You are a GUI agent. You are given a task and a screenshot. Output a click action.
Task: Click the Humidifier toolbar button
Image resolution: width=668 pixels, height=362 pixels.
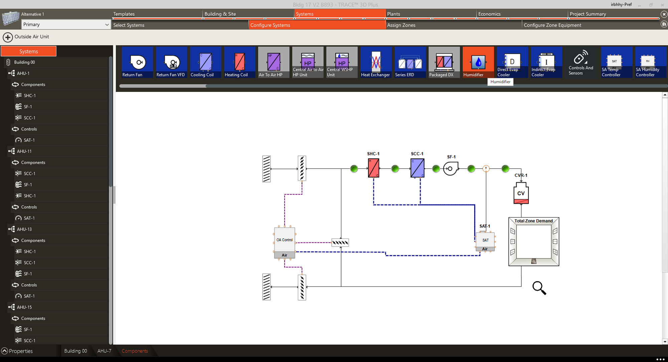pyautogui.click(x=478, y=62)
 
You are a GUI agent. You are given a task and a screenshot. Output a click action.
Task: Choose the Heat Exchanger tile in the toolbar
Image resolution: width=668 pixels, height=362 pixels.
pyautogui.click(x=376, y=62)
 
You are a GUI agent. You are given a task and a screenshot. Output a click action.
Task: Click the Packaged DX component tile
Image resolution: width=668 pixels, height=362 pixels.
pyautogui.click(x=444, y=62)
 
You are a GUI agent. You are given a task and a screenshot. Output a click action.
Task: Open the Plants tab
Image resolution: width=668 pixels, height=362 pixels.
pyautogui.click(x=393, y=14)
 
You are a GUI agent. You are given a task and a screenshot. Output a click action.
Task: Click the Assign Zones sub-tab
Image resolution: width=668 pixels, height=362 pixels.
pyautogui.click(x=401, y=25)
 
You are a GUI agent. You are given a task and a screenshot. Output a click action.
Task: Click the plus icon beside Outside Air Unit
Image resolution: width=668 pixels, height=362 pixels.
pyautogui.click(x=8, y=37)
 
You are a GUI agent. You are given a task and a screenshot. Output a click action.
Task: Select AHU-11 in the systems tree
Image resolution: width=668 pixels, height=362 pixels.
pyautogui.click(x=24, y=151)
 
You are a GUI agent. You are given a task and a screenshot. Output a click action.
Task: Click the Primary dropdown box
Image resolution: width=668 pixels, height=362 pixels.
pyautogui.click(x=65, y=24)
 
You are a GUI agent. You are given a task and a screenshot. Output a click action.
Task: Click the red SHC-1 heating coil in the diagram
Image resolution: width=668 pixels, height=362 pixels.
pyautogui.click(x=373, y=168)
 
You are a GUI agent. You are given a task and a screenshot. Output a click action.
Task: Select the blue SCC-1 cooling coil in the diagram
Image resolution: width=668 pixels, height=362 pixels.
pyautogui.click(x=417, y=168)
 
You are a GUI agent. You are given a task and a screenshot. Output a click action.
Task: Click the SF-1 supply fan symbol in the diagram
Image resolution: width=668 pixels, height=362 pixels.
pyautogui.click(x=450, y=168)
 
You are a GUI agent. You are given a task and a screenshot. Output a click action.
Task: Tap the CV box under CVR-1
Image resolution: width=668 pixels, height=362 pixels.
pyautogui.click(x=521, y=194)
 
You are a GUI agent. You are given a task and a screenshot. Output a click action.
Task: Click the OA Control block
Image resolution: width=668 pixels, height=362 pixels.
pyautogui.click(x=285, y=240)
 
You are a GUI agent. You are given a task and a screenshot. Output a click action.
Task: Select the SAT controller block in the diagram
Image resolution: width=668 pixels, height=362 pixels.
pyautogui.click(x=485, y=240)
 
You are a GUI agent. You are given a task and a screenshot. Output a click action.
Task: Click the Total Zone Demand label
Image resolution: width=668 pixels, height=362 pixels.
pyautogui.click(x=533, y=221)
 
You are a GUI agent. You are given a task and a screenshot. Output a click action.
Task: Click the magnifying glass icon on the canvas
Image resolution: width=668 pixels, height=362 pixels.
pyautogui.click(x=539, y=288)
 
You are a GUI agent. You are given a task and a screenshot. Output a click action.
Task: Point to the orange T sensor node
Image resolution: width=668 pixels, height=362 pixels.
pyautogui.click(x=486, y=168)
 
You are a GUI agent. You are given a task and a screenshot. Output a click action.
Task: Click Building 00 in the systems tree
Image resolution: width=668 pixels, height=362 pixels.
pyautogui.click(x=24, y=62)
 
